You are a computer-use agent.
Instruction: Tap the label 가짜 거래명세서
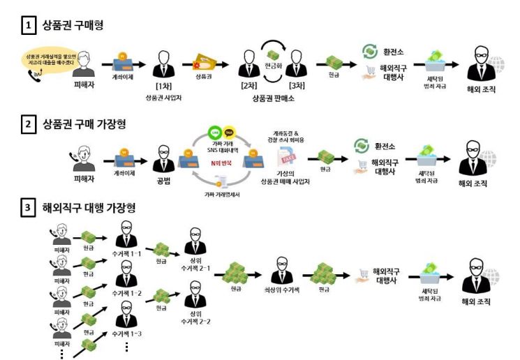click(x=221, y=196)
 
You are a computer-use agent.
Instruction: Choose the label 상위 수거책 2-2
click(x=195, y=317)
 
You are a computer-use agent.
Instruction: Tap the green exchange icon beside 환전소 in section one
click(x=370, y=51)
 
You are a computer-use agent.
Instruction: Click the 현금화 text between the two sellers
click(x=274, y=62)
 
